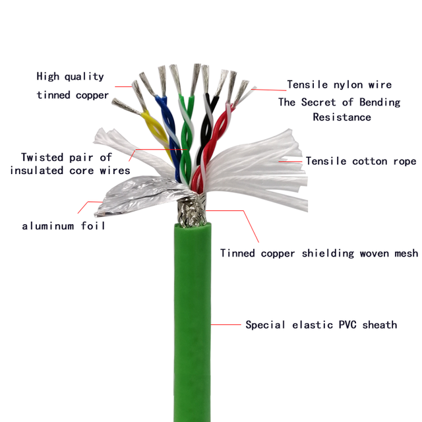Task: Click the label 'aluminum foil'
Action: [x=63, y=226]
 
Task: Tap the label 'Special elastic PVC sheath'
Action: [x=321, y=324]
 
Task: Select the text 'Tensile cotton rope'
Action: [x=361, y=161]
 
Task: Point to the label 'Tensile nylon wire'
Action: [x=339, y=84]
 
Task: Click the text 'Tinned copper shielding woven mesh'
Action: [x=319, y=253]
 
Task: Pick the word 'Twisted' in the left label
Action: [x=42, y=157]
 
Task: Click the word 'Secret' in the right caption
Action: [x=318, y=102]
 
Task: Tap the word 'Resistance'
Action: [x=342, y=117]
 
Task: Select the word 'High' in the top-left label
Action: [x=47, y=76]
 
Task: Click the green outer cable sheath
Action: [x=192, y=323]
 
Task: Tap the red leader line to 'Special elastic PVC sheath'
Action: [x=226, y=324]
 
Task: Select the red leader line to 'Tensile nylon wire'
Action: [x=269, y=90]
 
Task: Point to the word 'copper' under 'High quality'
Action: [x=92, y=95]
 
